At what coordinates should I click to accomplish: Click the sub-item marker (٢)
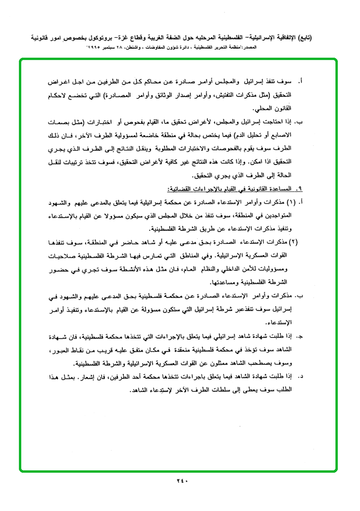pos(293,243)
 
